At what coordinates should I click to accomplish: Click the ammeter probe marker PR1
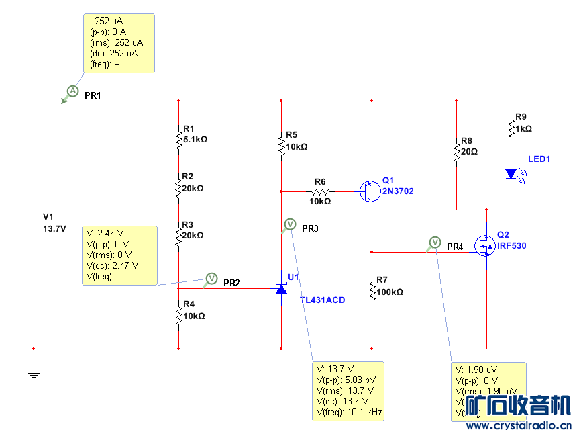pyautogui.click(x=73, y=91)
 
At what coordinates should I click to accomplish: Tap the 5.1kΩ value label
pyautogui.click(x=195, y=140)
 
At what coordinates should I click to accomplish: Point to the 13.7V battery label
pyautogui.click(x=54, y=228)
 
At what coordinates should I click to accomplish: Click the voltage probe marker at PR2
pyautogui.click(x=211, y=277)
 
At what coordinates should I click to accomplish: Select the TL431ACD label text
pyautogui.click(x=322, y=300)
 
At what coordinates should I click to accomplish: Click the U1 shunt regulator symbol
pyautogui.click(x=281, y=288)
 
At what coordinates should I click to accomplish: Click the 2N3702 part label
pyautogui.click(x=398, y=191)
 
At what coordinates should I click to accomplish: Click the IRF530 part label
pyautogui.click(x=512, y=246)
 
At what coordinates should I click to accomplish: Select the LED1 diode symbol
pyautogui.click(x=511, y=174)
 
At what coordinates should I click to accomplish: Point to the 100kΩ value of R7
pyautogui.click(x=390, y=292)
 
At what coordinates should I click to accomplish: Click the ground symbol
pyautogui.click(x=33, y=374)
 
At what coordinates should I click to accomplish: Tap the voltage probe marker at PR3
pyautogui.click(x=291, y=224)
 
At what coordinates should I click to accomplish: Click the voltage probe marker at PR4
pyautogui.click(x=434, y=242)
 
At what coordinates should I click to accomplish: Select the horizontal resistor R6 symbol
pyautogui.click(x=319, y=191)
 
